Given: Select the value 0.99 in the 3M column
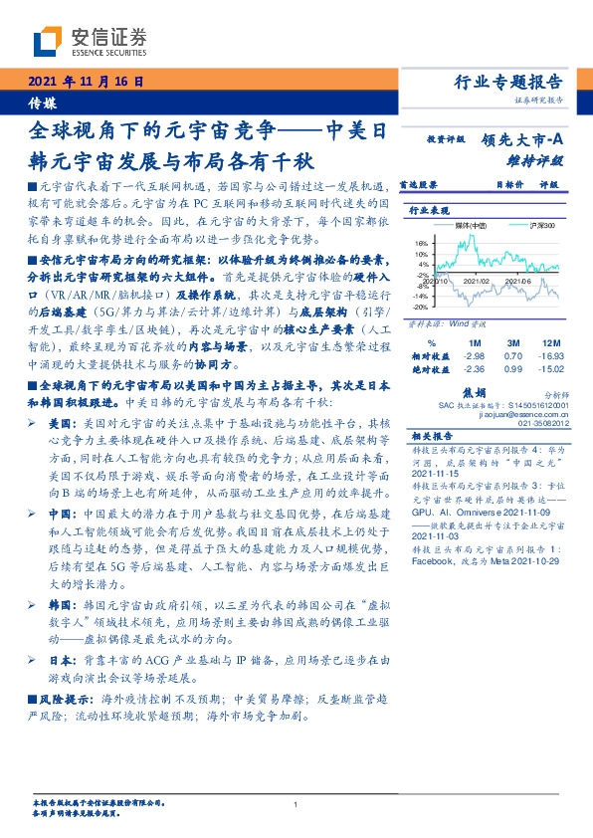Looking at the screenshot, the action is pyautogui.click(x=512, y=368).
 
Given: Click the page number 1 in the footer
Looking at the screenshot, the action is pyautogui.click(x=296, y=805).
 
